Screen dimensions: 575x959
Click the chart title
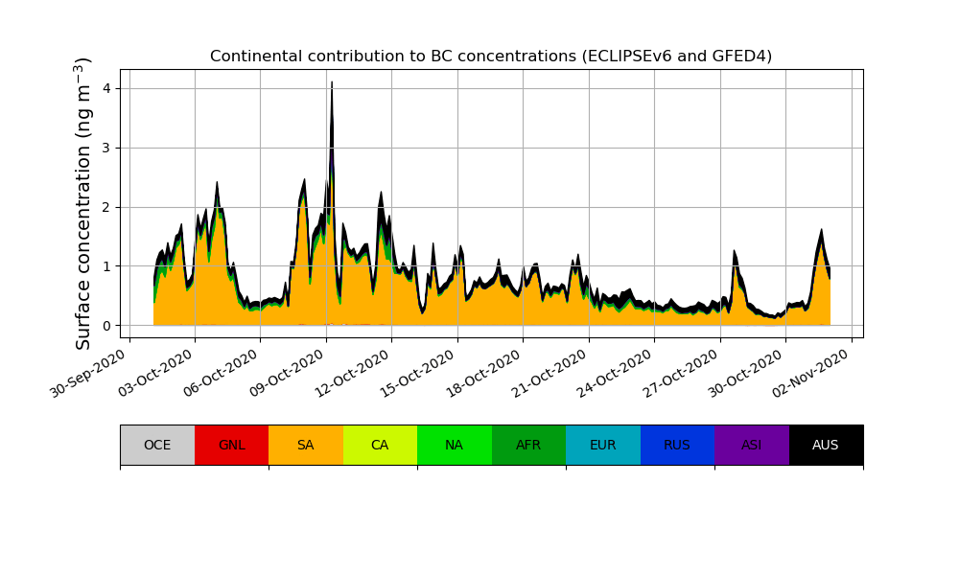tap(491, 57)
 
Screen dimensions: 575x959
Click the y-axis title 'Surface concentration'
tap(84, 203)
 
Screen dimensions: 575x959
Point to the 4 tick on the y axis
tap(105, 88)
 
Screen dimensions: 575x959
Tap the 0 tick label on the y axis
tap(105, 326)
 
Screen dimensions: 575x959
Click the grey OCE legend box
tap(157, 445)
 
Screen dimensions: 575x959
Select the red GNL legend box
tap(231, 445)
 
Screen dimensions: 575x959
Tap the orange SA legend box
tap(306, 445)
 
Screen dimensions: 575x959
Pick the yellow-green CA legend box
tap(380, 445)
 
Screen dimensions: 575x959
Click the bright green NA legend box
tap(455, 445)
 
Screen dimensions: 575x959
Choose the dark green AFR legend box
tap(528, 445)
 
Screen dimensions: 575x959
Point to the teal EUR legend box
tap(603, 445)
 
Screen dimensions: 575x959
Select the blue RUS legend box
tap(677, 445)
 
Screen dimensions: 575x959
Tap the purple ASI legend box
tap(752, 445)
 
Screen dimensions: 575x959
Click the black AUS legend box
tap(826, 445)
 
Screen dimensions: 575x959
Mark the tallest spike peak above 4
tap(332, 83)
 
